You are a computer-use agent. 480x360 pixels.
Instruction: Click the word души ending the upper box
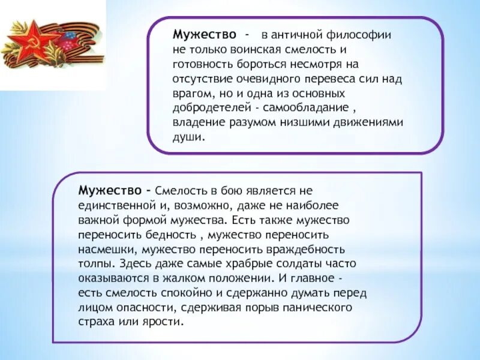188,137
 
